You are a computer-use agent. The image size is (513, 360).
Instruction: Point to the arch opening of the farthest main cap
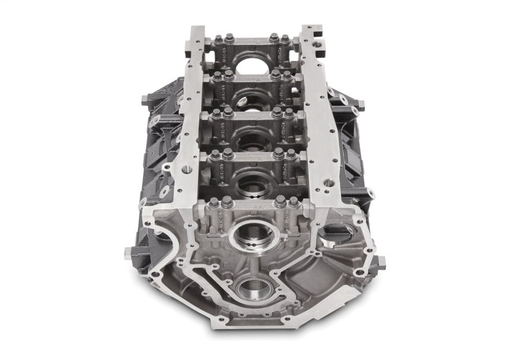click(253, 64)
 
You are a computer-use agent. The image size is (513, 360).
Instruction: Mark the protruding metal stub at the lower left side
click(129, 252)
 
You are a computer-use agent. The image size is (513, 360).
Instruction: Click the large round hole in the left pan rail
click(187, 169)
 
